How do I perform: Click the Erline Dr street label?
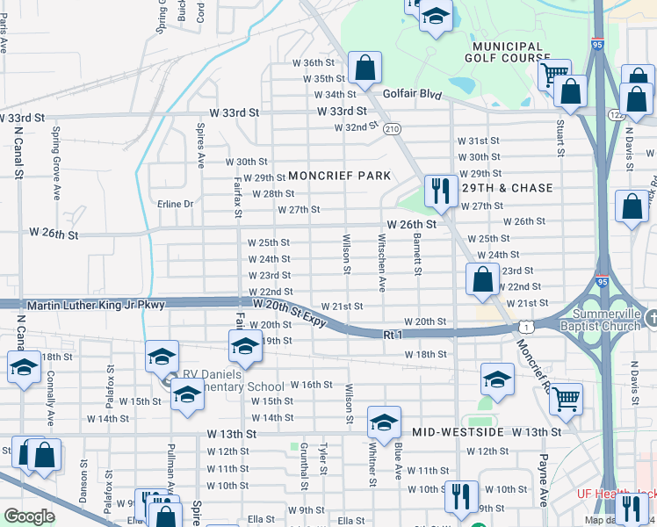pyautogui.click(x=175, y=204)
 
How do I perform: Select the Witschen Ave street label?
pyautogui.click(x=381, y=261)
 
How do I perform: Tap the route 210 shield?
pyautogui.click(x=392, y=128)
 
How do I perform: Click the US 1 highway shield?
pyautogui.click(x=523, y=326)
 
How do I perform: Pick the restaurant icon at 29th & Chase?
pyautogui.click(x=437, y=190)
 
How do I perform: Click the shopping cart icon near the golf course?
pyautogui.click(x=553, y=73)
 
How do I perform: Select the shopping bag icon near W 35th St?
pyautogui.click(x=364, y=67)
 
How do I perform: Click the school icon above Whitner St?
pyautogui.click(x=383, y=422)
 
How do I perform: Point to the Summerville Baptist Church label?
pyautogui.click(x=606, y=320)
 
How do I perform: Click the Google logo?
pyautogui.click(x=29, y=516)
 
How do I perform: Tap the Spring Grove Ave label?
pyautogui.click(x=55, y=154)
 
